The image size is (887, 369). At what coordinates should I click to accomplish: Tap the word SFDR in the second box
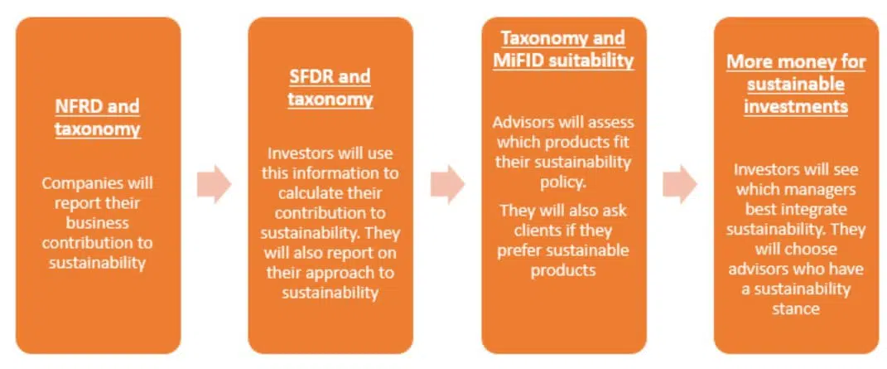click(309, 75)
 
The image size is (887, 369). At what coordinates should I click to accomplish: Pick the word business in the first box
click(97, 222)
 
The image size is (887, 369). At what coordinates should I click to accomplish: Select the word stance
click(795, 308)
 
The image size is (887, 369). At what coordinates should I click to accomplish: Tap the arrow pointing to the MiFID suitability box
click(448, 184)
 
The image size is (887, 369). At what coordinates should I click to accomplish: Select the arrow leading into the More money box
click(681, 184)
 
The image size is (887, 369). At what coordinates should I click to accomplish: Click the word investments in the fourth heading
click(796, 106)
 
